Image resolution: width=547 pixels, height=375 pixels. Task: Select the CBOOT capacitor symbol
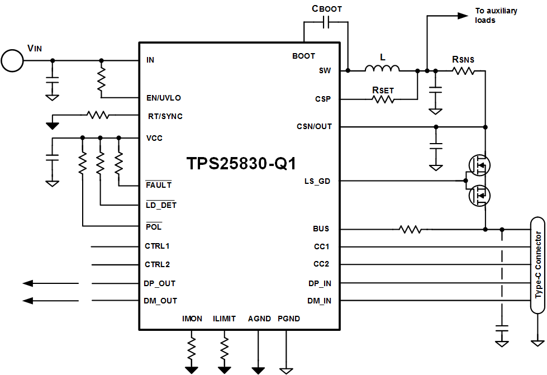coord(327,22)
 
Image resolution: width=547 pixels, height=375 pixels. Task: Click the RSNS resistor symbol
coord(463,70)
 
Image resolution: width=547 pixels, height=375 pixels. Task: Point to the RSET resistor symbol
coord(383,99)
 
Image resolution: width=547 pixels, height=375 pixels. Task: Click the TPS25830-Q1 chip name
coord(241,164)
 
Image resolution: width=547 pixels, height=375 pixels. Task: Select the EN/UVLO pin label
coord(164,98)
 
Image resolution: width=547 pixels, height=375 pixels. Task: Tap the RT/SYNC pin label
coord(164,116)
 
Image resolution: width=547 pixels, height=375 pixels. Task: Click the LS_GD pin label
coord(317,181)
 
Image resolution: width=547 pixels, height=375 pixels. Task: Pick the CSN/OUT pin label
coord(314,126)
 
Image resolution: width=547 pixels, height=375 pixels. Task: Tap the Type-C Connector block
coord(538,265)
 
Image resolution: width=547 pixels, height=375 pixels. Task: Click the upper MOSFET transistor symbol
coord(479,164)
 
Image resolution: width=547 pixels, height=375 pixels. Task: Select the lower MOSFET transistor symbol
coord(479,196)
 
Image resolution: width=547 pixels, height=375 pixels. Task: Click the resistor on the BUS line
coord(409,229)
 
